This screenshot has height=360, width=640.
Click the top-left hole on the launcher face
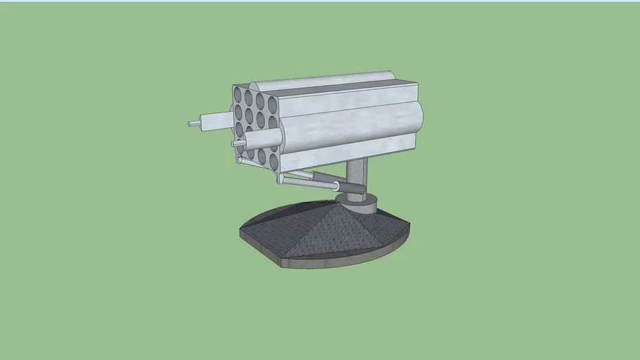[x=238, y=94]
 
